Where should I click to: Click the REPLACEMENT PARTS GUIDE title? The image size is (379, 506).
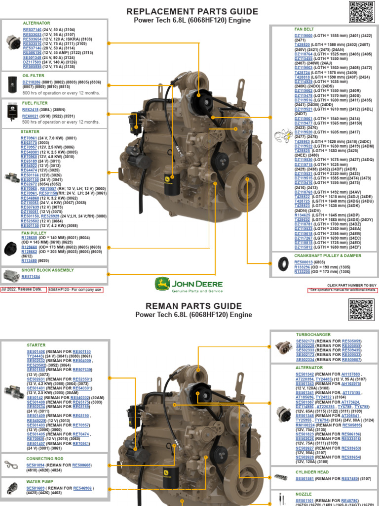pyautogui.click(x=192, y=11)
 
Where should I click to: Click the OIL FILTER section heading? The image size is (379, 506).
pyautogui.click(x=34, y=76)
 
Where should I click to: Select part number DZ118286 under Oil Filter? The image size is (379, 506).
pyautogui.click(x=32, y=82)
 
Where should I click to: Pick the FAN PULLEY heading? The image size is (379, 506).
pyautogui.click(x=34, y=233)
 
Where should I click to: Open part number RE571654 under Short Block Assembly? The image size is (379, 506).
pyautogui.click(x=31, y=277)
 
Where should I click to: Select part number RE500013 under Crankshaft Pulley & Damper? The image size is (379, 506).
pyautogui.click(x=304, y=262)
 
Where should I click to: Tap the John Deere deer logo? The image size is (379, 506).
pyautogui.click(x=162, y=284)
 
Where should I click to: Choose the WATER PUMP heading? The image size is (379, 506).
pyautogui.click(x=39, y=481)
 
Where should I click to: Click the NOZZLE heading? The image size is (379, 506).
pyautogui.click(x=303, y=494)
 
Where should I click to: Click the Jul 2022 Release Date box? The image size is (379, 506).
pyautogui.click(x=23, y=290)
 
